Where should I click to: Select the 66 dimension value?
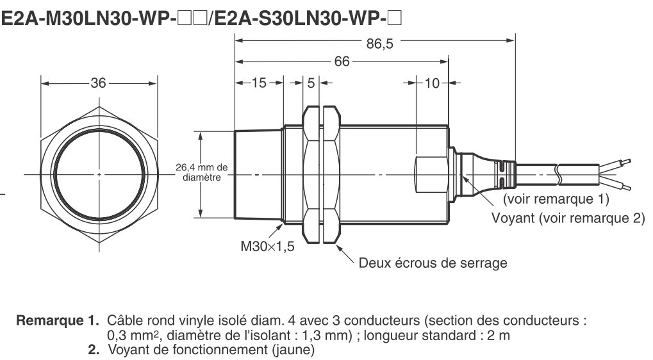coord(343,62)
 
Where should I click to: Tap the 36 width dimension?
coord(98,83)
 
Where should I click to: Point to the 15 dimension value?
coord(259,83)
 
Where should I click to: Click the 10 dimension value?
coord(432,83)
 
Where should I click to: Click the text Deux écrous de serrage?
coord(433,263)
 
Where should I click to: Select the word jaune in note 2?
coord(294,350)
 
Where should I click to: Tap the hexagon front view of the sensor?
coord(99,174)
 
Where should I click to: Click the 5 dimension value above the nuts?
coord(311,83)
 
